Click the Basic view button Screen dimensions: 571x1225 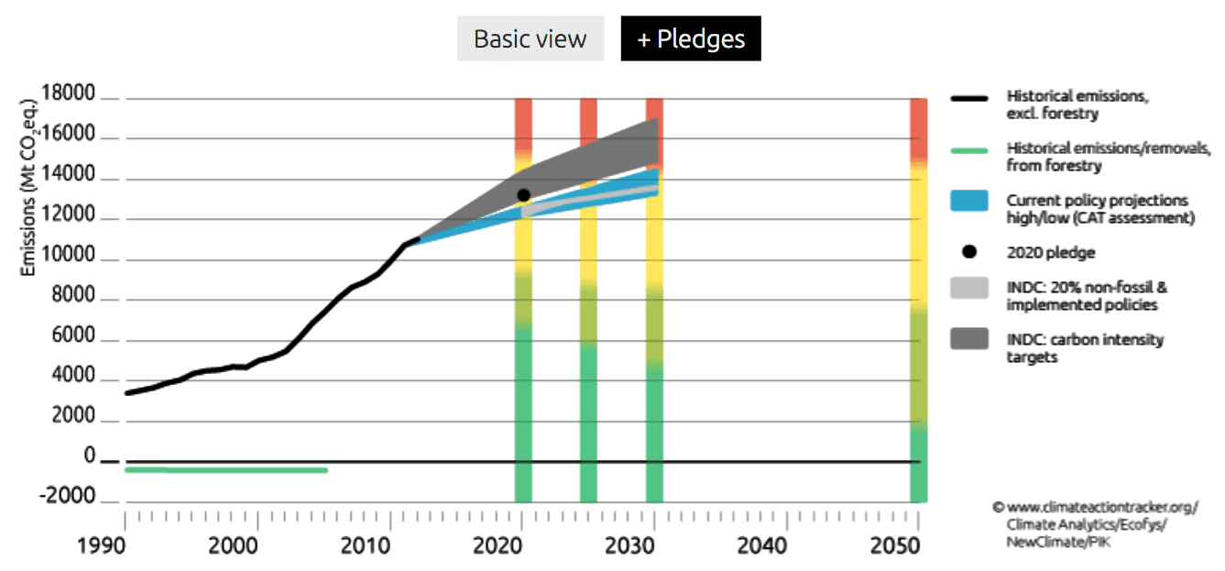[530, 39]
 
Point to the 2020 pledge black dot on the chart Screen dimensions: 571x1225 [523, 195]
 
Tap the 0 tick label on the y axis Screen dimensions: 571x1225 [90, 456]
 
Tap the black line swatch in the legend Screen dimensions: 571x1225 [969, 97]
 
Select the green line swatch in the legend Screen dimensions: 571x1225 [969, 149]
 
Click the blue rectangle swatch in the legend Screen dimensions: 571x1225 [969, 201]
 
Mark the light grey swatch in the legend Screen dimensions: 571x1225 [969, 287]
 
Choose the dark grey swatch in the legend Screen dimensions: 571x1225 [969, 339]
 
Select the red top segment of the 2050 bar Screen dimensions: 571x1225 [918, 128]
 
